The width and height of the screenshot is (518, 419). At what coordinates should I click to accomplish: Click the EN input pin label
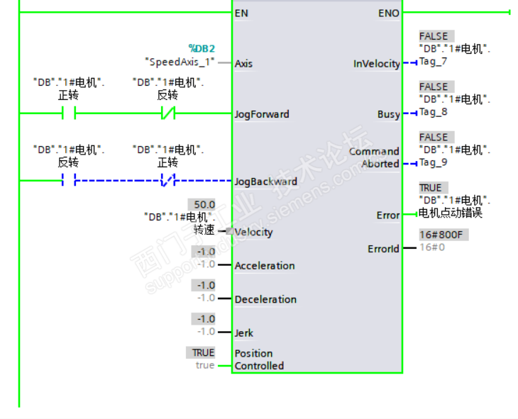pyautogui.click(x=241, y=13)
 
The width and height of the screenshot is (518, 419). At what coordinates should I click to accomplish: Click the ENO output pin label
pyautogui.click(x=389, y=13)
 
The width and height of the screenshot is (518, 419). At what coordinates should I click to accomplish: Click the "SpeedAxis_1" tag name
pyautogui.click(x=180, y=62)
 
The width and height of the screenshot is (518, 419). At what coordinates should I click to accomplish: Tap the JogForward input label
pyautogui.click(x=262, y=113)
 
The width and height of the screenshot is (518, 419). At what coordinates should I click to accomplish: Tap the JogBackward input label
pyautogui.click(x=265, y=181)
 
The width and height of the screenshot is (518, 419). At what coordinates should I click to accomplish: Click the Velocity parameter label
pyautogui.click(x=253, y=232)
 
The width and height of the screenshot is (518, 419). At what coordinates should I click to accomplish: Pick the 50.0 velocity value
pyautogui.click(x=204, y=204)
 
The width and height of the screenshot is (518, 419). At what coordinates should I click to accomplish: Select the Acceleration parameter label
pyautogui.click(x=265, y=266)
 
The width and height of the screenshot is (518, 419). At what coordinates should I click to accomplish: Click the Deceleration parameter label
pyautogui.click(x=265, y=299)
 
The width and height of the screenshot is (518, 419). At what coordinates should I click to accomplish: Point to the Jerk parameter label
pyautogui.click(x=244, y=333)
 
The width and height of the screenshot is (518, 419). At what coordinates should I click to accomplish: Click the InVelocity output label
pyautogui.click(x=377, y=64)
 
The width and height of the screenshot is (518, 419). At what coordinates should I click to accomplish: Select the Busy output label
pyautogui.click(x=388, y=114)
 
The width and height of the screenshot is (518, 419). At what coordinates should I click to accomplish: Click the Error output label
pyautogui.click(x=387, y=215)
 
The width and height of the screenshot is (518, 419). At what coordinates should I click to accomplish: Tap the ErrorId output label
pyautogui.click(x=383, y=249)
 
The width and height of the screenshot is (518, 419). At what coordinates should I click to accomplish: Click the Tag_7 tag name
pyautogui.click(x=433, y=61)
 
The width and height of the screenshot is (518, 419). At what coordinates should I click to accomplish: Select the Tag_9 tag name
pyautogui.click(x=433, y=162)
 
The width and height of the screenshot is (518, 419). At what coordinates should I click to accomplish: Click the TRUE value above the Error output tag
pyautogui.click(x=430, y=188)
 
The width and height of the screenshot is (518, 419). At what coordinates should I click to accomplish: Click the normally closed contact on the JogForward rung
pyautogui.click(x=167, y=113)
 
